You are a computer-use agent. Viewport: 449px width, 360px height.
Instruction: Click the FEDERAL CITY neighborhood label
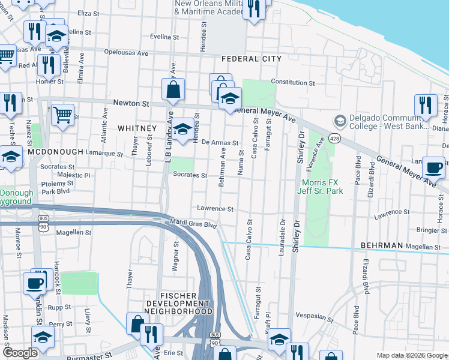(251, 59)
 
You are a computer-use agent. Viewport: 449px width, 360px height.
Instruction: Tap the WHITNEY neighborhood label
(137, 128)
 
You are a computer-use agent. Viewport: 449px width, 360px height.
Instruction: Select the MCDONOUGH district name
(55, 152)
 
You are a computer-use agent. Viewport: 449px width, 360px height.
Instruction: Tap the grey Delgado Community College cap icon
(340, 121)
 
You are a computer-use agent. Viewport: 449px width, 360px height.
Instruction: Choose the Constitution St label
(292, 82)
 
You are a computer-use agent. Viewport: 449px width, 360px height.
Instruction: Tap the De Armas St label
(220, 143)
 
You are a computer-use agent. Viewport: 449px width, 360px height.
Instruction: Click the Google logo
(19, 353)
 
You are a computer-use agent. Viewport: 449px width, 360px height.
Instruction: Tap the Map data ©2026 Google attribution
(411, 355)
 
